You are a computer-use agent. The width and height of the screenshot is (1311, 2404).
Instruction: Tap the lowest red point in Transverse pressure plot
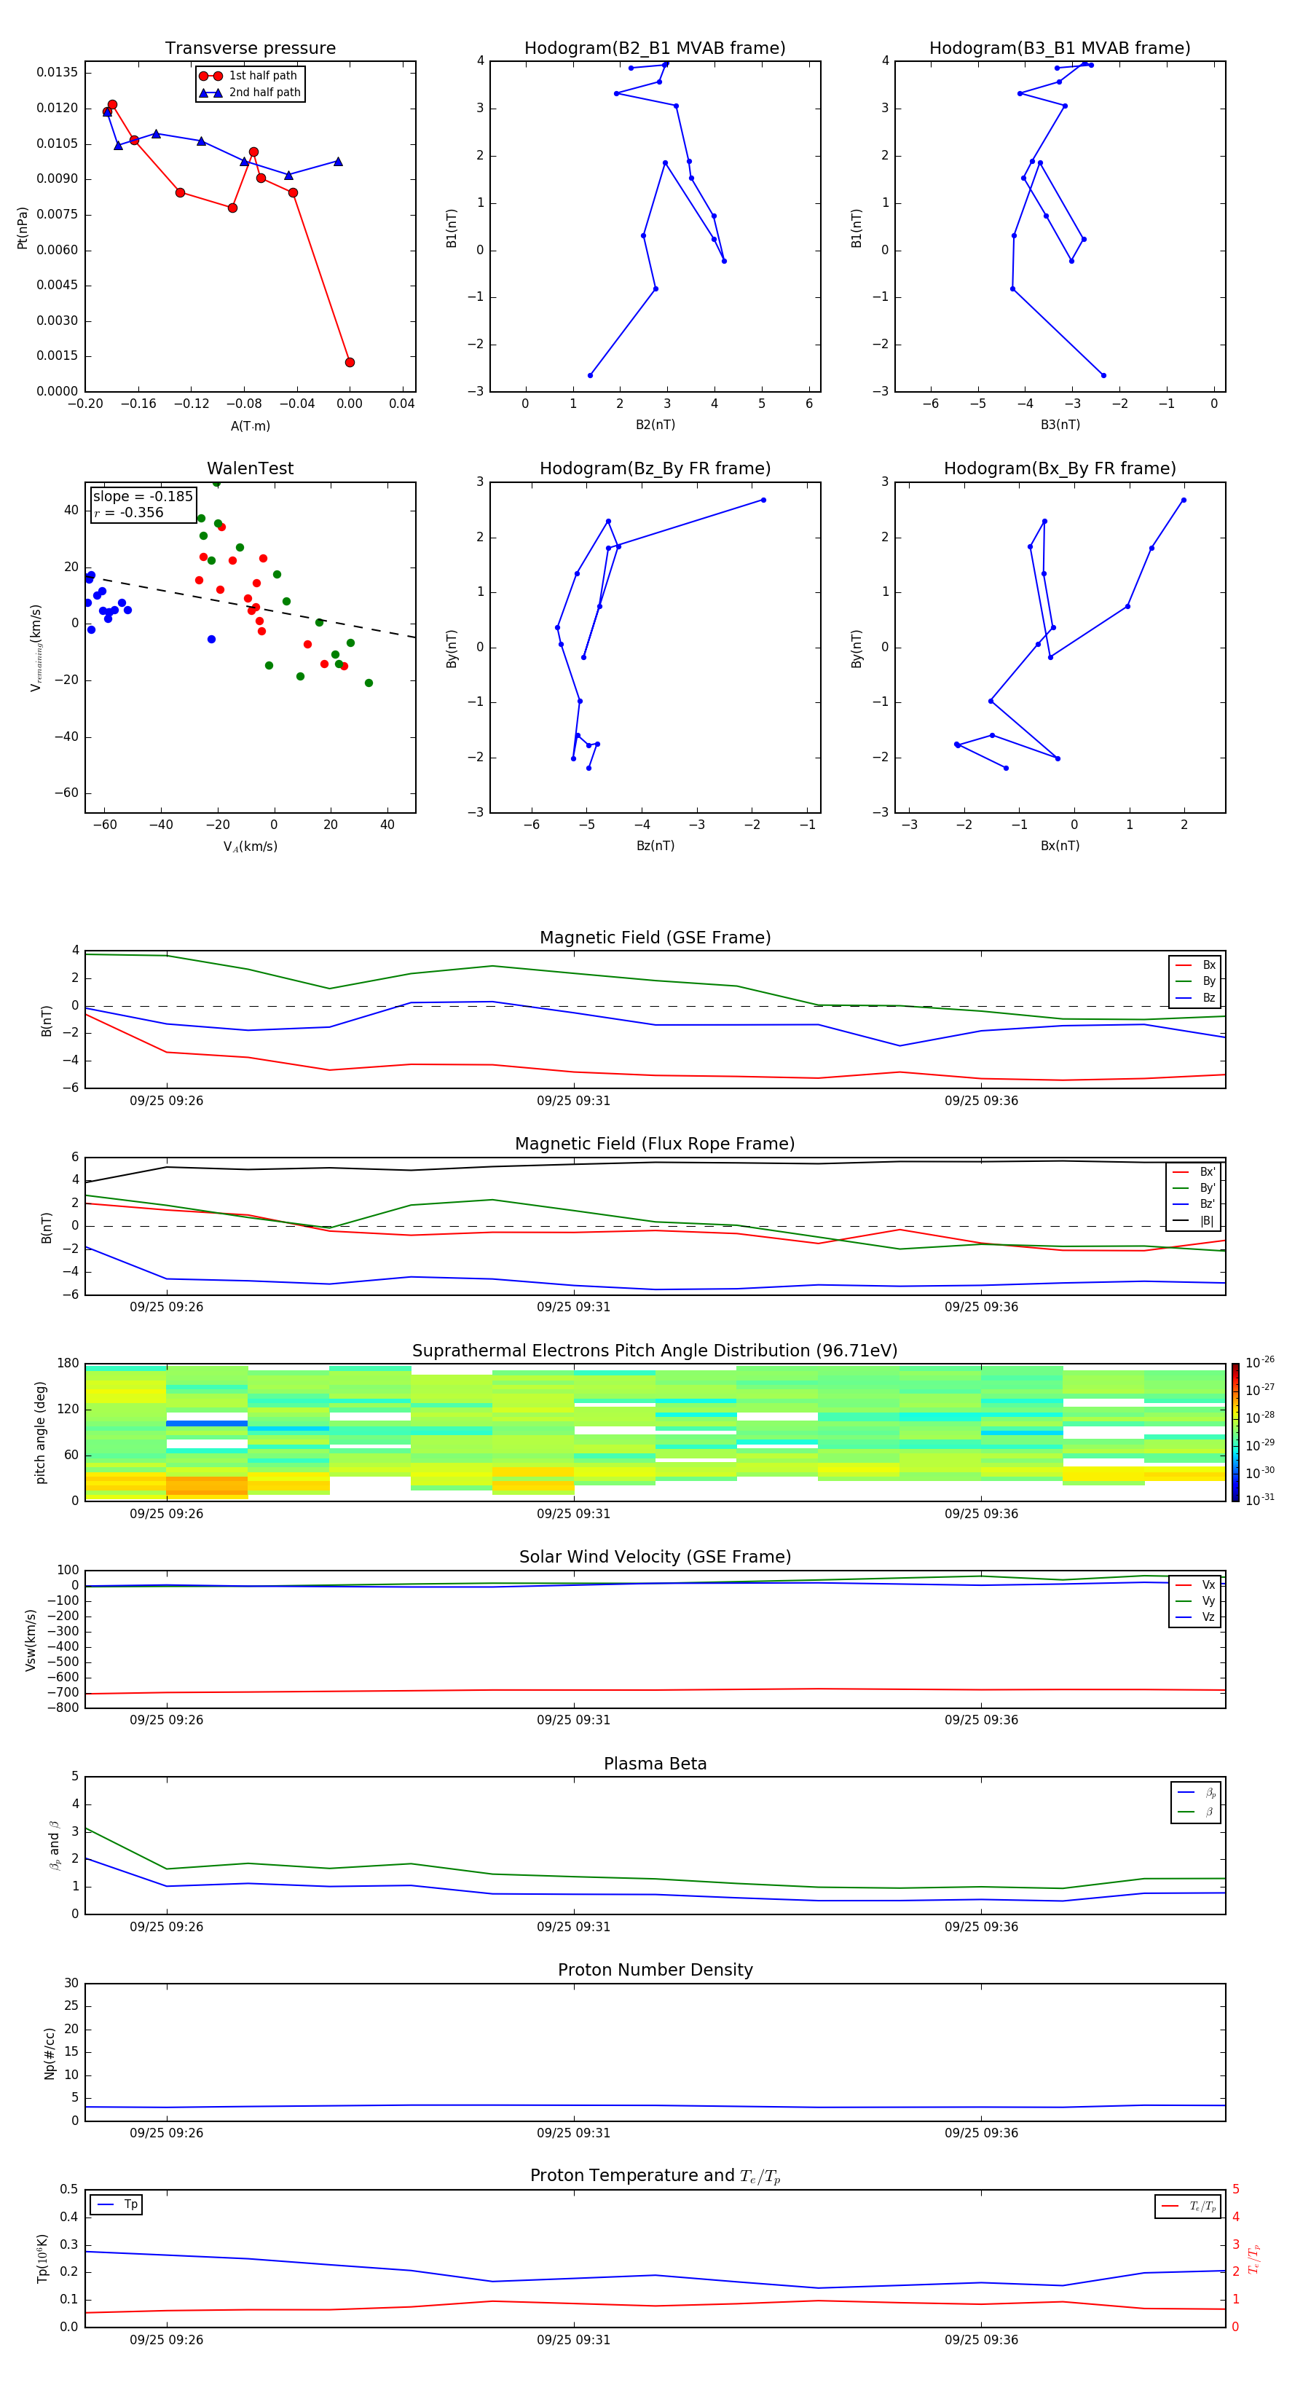[350, 362]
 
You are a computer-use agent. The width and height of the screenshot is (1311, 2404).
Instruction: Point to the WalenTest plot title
[250, 468]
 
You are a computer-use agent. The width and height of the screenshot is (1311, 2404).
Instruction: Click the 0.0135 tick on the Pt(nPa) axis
[58, 73]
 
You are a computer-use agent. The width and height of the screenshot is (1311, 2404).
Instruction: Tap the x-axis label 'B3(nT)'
[1060, 425]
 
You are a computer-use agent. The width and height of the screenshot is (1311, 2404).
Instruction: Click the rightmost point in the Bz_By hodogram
[763, 500]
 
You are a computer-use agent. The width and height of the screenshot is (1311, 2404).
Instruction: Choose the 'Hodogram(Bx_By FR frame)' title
[1059, 468]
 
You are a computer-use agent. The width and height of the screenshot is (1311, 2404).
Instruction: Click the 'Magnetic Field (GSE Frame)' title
[655, 938]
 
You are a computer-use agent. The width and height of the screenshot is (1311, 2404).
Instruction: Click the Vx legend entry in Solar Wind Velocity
[1208, 1584]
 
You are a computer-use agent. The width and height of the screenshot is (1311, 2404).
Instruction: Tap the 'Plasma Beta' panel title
[655, 1764]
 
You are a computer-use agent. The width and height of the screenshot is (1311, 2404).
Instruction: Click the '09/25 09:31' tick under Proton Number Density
[573, 2132]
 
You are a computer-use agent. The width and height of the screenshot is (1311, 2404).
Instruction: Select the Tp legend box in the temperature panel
[117, 2204]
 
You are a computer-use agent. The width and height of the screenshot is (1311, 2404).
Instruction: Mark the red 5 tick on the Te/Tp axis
[1235, 2189]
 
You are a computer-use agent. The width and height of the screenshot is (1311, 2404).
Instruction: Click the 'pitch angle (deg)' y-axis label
[40, 1431]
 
